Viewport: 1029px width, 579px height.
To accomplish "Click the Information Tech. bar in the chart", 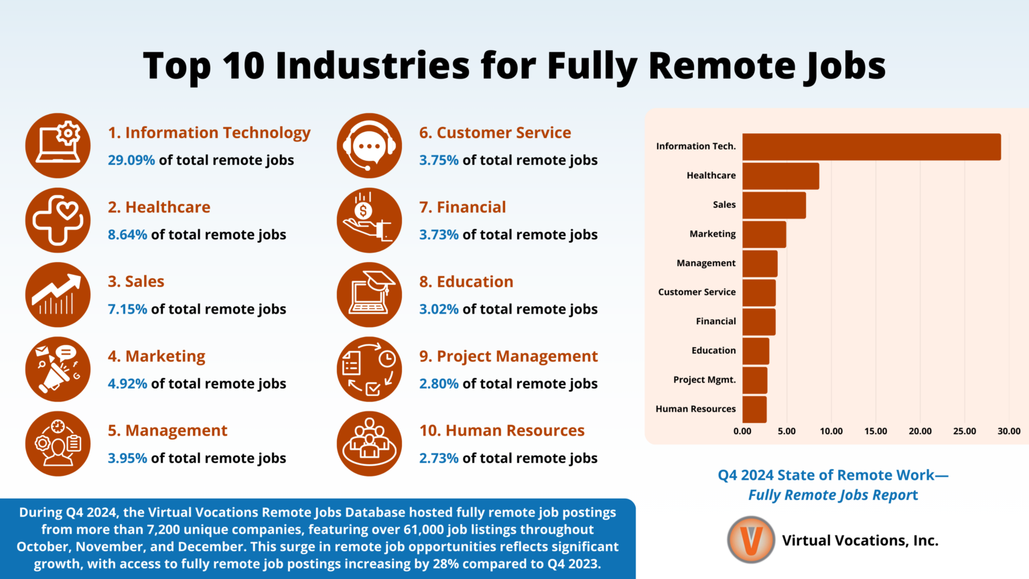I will (871, 147).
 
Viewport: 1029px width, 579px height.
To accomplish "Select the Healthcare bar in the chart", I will (780, 176).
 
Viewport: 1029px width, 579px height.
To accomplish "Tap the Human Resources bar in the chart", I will (754, 409).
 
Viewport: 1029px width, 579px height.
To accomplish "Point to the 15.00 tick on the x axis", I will (876, 431).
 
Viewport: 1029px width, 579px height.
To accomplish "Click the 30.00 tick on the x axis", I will (1009, 431).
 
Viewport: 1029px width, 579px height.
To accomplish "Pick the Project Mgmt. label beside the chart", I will (704, 379).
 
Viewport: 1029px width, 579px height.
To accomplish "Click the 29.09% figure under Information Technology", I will (131, 160).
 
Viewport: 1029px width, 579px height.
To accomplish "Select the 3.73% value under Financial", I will (439, 235).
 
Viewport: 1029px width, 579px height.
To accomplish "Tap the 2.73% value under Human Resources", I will (439, 458).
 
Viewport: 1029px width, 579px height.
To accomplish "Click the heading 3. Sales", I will (136, 281).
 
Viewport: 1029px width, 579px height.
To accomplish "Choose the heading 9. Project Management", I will (508, 357).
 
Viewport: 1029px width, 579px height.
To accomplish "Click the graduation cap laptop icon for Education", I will (369, 294).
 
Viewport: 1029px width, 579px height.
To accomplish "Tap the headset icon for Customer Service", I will (369, 145).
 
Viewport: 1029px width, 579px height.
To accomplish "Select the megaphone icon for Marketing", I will (58, 369).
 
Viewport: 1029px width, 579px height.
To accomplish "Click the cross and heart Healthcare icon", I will (58, 220).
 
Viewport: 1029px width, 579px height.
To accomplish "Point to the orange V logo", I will (751, 539).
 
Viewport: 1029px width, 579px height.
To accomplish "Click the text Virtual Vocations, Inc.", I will (860, 540).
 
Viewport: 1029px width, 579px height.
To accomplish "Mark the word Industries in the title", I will (346, 66).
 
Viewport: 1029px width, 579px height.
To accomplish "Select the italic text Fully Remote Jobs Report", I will (833, 495).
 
